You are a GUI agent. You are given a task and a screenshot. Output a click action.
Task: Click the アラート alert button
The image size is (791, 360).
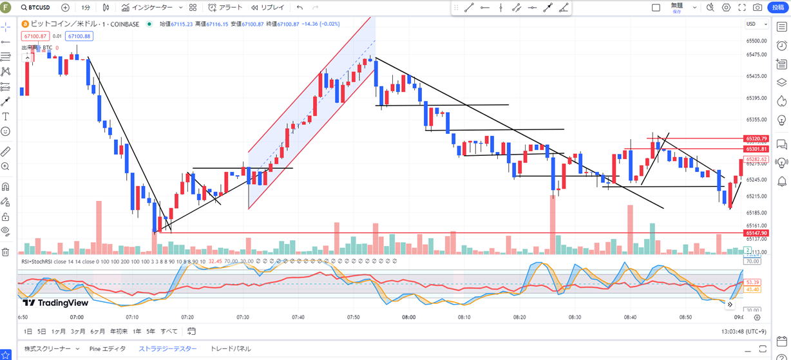pyautogui.click(x=226, y=8)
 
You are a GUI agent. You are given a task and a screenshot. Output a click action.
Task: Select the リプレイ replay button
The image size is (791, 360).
pyautogui.click(x=267, y=8)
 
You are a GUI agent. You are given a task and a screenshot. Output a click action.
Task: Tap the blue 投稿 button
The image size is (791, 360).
pyautogui.click(x=778, y=8)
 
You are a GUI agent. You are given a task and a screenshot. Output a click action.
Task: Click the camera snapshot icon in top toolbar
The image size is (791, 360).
pyautogui.click(x=757, y=8)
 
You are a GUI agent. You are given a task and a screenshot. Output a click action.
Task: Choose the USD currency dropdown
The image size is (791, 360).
pyautogui.click(x=753, y=24)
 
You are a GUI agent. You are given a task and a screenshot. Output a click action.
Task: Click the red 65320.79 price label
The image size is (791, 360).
pyautogui.click(x=756, y=138)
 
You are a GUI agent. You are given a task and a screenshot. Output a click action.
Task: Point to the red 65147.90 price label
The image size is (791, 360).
pyautogui.click(x=756, y=232)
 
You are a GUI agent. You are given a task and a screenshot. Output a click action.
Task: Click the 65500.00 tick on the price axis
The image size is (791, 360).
pyautogui.click(x=756, y=41)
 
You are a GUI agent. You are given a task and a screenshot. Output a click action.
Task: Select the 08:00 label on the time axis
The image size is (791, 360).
pyautogui.click(x=408, y=317)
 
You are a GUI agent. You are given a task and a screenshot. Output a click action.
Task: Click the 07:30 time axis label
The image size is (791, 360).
pyautogui.click(x=243, y=317)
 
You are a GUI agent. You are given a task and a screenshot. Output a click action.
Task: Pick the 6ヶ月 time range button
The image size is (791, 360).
pyautogui.click(x=98, y=331)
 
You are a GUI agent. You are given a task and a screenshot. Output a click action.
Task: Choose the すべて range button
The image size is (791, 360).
pyautogui.click(x=169, y=331)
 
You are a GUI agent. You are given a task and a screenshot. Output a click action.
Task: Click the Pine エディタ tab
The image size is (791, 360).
pyautogui.click(x=108, y=348)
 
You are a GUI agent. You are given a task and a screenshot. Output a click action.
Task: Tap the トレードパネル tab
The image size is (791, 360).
pyautogui.click(x=231, y=348)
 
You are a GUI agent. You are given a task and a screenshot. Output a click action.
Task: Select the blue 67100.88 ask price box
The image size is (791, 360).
pyautogui.click(x=78, y=36)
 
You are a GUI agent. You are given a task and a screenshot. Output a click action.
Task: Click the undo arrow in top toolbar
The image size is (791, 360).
pyautogui.click(x=300, y=8)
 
